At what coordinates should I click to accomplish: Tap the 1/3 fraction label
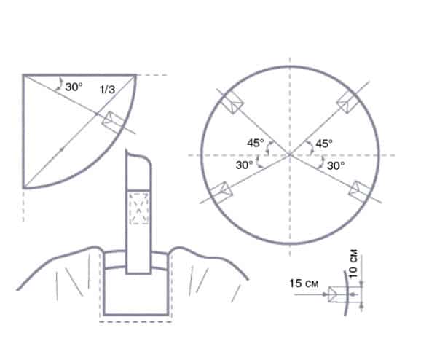point(107,90)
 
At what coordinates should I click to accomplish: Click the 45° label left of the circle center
point(256,144)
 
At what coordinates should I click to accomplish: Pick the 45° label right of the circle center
point(323,144)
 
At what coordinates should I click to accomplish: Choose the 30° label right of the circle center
point(335,165)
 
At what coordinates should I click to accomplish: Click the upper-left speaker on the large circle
point(231,104)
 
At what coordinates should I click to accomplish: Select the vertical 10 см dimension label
point(353,262)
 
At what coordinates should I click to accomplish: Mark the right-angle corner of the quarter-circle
point(24,75)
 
